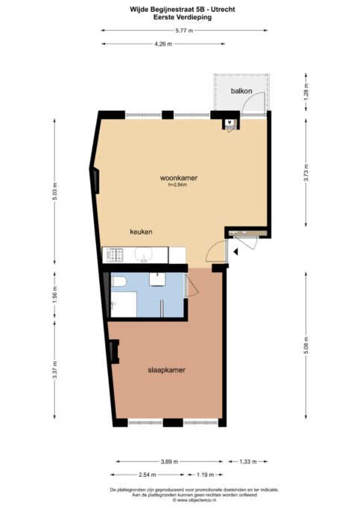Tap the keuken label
point(141,231)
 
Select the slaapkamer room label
point(166,370)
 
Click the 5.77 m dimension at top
point(183,31)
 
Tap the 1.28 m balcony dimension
point(305,94)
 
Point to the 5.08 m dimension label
point(305,348)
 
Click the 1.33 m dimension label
point(248,461)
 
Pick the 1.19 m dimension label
point(206,475)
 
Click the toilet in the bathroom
point(118,282)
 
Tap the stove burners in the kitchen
point(114,256)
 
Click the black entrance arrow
point(235,253)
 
